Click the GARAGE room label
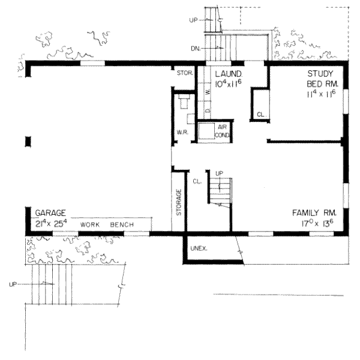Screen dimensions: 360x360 (x=50, y=213)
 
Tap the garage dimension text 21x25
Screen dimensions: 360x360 (x=50, y=224)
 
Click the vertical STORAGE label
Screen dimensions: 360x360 (x=179, y=203)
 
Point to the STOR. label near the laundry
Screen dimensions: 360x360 (x=184, y=74)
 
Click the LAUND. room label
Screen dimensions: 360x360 (x=228, y=73)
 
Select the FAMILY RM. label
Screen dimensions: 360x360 (x=314, y=213)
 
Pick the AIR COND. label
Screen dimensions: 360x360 (x=223, y=131)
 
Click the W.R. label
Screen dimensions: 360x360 (x=182, y=132)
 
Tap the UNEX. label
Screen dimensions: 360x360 (x=198, y=248)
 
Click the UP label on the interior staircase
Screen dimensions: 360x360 (x=219, y=173)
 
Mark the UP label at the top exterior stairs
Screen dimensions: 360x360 (x=193, y=20)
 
